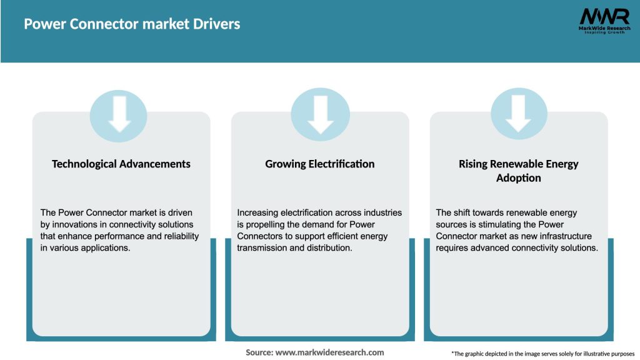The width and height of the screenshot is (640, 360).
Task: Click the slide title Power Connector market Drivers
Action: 132,24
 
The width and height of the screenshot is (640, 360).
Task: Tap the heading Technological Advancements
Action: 121,164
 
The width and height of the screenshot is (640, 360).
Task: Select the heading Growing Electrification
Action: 320,164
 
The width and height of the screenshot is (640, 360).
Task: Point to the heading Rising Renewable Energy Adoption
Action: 519,171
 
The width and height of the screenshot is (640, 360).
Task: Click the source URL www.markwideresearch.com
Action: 329,352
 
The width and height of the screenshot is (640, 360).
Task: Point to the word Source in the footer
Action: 259,352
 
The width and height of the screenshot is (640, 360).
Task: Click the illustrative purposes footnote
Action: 542,354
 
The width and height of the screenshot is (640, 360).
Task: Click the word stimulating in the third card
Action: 499,224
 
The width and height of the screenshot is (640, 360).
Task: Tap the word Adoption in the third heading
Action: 519,178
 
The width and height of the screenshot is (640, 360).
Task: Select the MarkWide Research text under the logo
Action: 604,28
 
